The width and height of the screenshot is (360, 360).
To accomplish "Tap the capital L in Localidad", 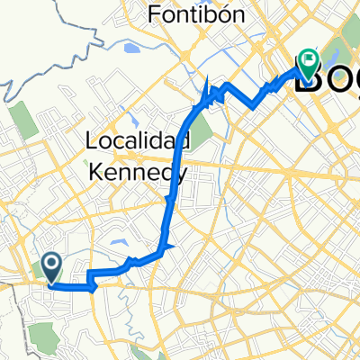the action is (92, 139).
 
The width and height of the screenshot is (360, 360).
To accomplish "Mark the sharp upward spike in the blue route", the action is (209, 86).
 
